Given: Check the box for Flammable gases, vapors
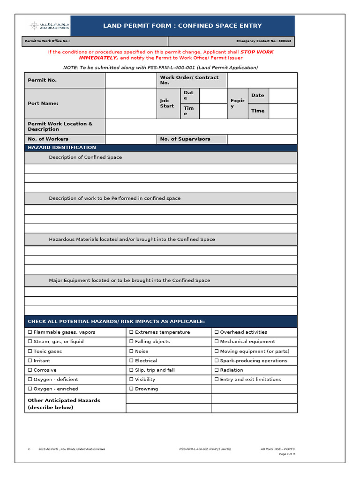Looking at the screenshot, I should (30, 332).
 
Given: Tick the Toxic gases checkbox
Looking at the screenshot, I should (30, 352).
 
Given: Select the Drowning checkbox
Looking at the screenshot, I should (131, 389).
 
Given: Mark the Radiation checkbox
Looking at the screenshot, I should (217, 370).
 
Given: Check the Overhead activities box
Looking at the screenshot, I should (217, 332).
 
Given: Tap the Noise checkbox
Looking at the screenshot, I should (131, 352).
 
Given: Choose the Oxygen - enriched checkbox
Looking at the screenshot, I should (30, 389).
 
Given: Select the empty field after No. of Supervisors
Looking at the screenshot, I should (262, 139).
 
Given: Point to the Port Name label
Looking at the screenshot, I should (43, 103).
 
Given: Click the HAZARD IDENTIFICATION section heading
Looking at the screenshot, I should (62, 148).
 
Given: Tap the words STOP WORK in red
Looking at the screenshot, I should (257, 52).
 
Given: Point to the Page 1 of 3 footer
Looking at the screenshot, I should (286, 454).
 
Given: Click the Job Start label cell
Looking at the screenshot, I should (167, 103).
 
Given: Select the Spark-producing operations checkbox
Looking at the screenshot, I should (217, 361).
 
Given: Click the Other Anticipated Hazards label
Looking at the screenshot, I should (64, 404).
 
